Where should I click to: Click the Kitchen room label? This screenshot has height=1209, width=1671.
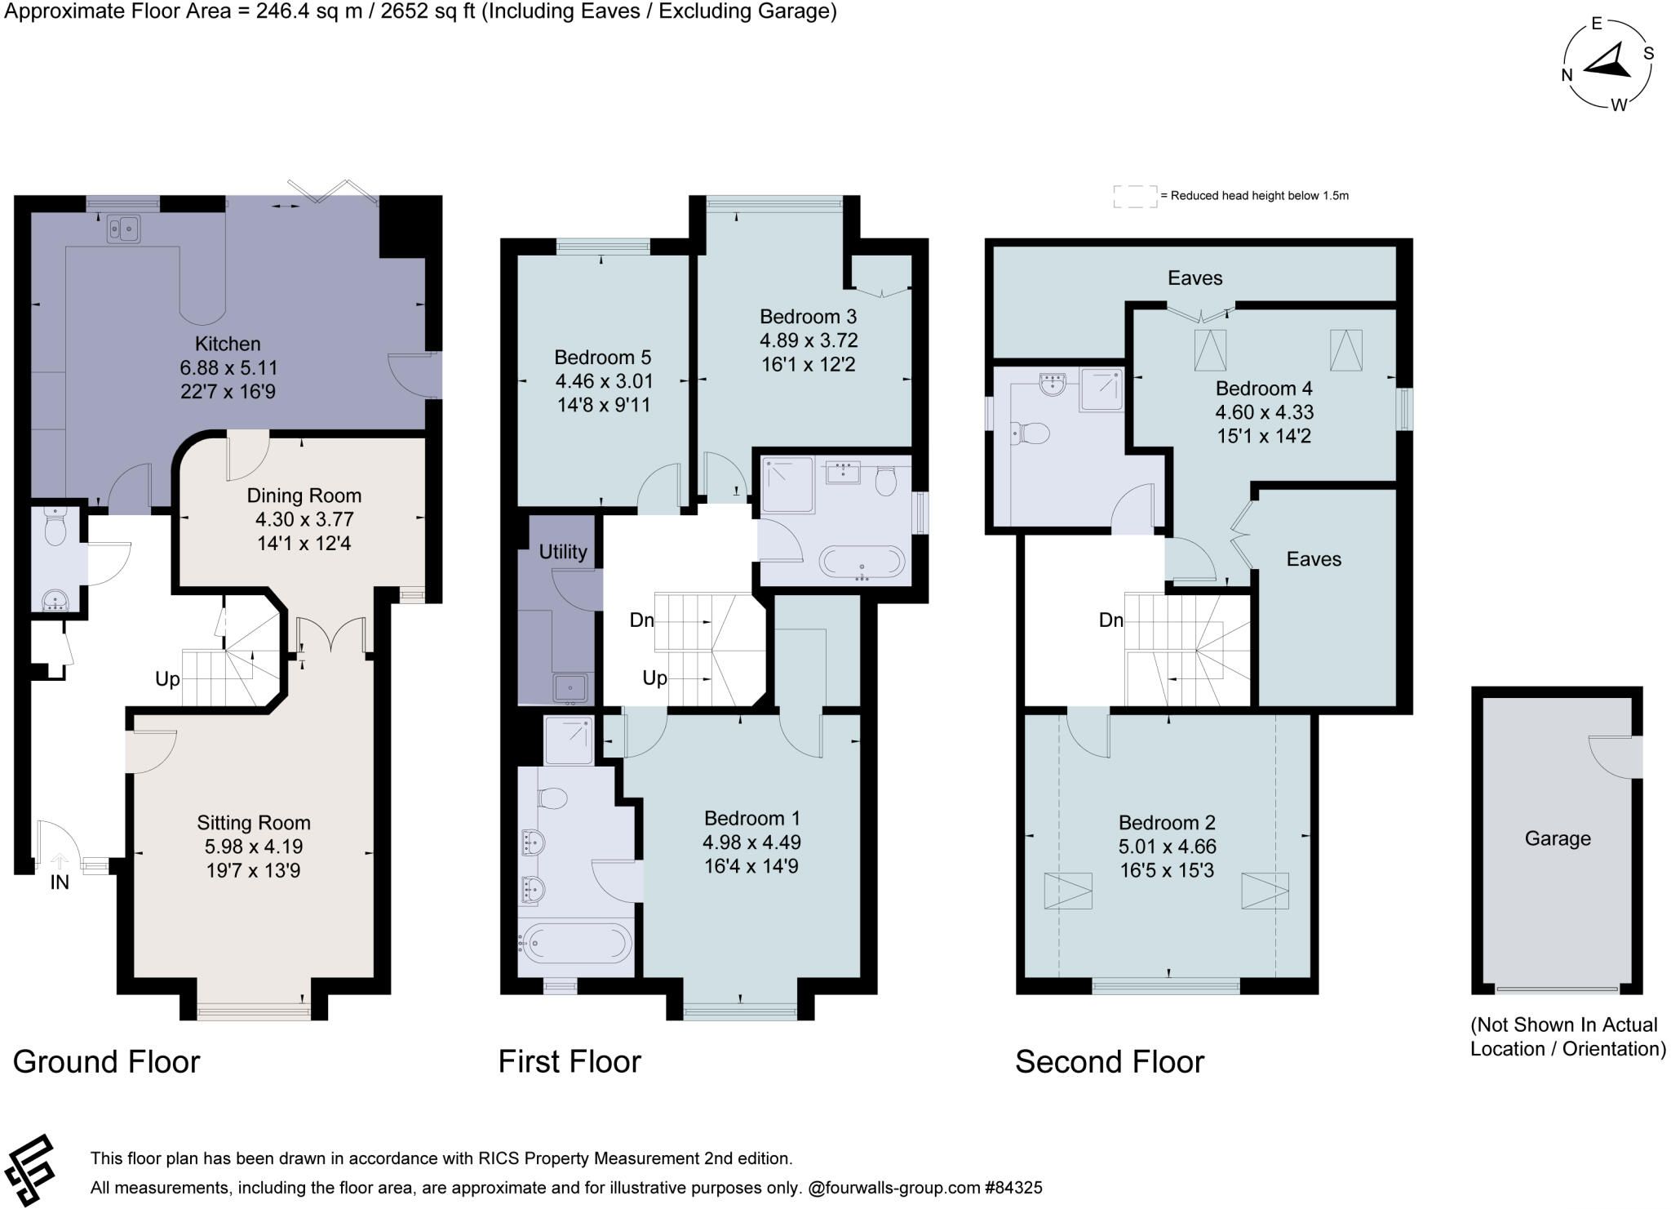228,344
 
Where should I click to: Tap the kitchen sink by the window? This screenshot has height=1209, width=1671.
123,229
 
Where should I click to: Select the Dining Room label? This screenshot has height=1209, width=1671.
304,496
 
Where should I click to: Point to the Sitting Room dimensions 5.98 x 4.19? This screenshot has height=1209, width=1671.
254,847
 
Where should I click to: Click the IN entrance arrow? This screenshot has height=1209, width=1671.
60,860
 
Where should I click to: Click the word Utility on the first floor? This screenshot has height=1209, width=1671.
563,552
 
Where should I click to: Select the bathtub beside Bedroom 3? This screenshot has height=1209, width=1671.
862,562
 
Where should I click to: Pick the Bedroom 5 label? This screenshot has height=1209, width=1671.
602,357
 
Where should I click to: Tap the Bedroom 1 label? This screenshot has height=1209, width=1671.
752,818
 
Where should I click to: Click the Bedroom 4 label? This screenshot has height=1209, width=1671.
1264,388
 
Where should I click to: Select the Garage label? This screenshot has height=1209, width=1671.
1558,838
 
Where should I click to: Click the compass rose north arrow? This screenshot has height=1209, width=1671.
1607,64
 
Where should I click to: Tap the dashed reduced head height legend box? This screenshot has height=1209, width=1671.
1135,196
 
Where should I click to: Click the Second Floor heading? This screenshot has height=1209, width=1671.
1110,1061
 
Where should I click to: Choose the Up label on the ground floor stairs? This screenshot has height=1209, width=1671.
167,679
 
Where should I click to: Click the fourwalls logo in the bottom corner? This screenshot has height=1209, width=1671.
29,1170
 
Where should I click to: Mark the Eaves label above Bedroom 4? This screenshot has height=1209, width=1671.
1195,278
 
